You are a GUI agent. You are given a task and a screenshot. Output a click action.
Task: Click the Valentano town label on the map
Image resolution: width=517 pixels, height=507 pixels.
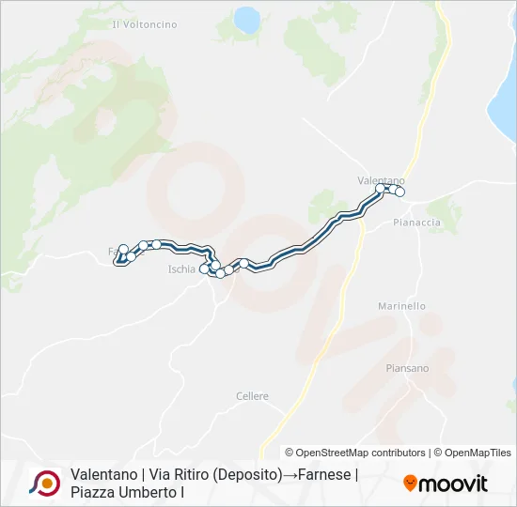(x=381, y=179)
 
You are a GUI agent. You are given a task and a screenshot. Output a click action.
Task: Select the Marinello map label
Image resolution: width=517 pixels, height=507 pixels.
(x=401, y=306)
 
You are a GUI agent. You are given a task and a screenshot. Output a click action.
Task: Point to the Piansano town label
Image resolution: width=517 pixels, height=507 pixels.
(x=407, y=368)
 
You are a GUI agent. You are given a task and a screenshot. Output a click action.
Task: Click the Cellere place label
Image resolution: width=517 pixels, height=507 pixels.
(x=252, y=396)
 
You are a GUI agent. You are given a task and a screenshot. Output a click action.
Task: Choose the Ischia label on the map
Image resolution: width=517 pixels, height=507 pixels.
(x=181, y=269)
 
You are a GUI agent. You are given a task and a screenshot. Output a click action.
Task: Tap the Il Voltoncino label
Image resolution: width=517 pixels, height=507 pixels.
(x=144, y=23)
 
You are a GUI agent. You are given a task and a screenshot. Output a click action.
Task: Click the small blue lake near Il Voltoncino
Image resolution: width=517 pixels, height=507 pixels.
(x=247, y=19)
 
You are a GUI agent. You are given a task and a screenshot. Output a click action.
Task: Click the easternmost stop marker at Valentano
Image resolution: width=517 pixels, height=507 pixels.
(x=399, y=192)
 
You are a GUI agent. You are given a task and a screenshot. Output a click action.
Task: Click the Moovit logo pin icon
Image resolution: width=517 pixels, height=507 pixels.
(x=410, y=484)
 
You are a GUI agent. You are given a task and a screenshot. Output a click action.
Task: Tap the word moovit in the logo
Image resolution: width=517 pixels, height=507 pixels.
(x=453, y=484)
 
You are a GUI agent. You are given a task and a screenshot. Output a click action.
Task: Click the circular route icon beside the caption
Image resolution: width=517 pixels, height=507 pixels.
(x=44, y=483)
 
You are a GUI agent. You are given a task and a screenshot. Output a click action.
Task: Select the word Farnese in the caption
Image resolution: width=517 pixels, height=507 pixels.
(x=325, y=474)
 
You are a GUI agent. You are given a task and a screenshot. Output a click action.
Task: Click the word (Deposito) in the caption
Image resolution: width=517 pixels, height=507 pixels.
(x=239, y=474)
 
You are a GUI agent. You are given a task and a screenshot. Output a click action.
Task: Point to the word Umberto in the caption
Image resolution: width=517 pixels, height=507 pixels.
(x=145, y=491)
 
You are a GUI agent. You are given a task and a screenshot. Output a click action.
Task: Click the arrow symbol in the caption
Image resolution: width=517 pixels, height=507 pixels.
(x=289, y=474)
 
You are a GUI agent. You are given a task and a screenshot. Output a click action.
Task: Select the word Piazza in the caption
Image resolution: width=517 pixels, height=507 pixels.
(x=92, y=491)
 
